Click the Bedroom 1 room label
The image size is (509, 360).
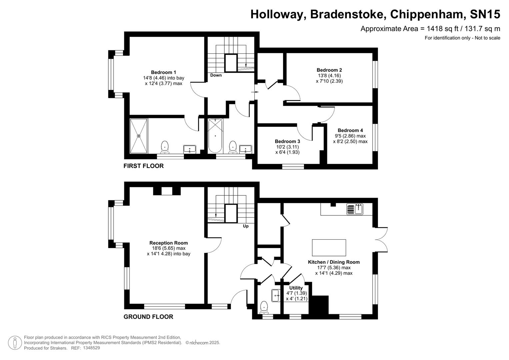(x=163, y=72)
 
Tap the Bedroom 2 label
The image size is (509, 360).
(x=329, y=70)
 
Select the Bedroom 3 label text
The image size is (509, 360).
(x=287, y=141)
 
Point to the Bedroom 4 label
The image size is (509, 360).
(x=350, y=130)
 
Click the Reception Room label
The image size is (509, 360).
(x=168, y=243)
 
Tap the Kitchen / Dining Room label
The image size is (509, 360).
(x=334, y=262)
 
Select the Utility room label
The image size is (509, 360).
(x=296, y=288)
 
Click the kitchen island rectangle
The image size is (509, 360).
(x=329, y=247)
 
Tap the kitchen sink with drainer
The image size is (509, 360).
(x=355, y=209)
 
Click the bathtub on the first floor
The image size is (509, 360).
(x=215, y=136)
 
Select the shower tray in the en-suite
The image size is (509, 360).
(x=139, y=136)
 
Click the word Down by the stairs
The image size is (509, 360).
(x=216, y=75)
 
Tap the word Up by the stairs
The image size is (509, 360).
(x=246, y=226)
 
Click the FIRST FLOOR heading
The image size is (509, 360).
(x=143, y=166)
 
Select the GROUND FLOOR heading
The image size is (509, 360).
(x=148, y=317)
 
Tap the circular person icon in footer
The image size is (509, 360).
(x=15, y=343)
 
